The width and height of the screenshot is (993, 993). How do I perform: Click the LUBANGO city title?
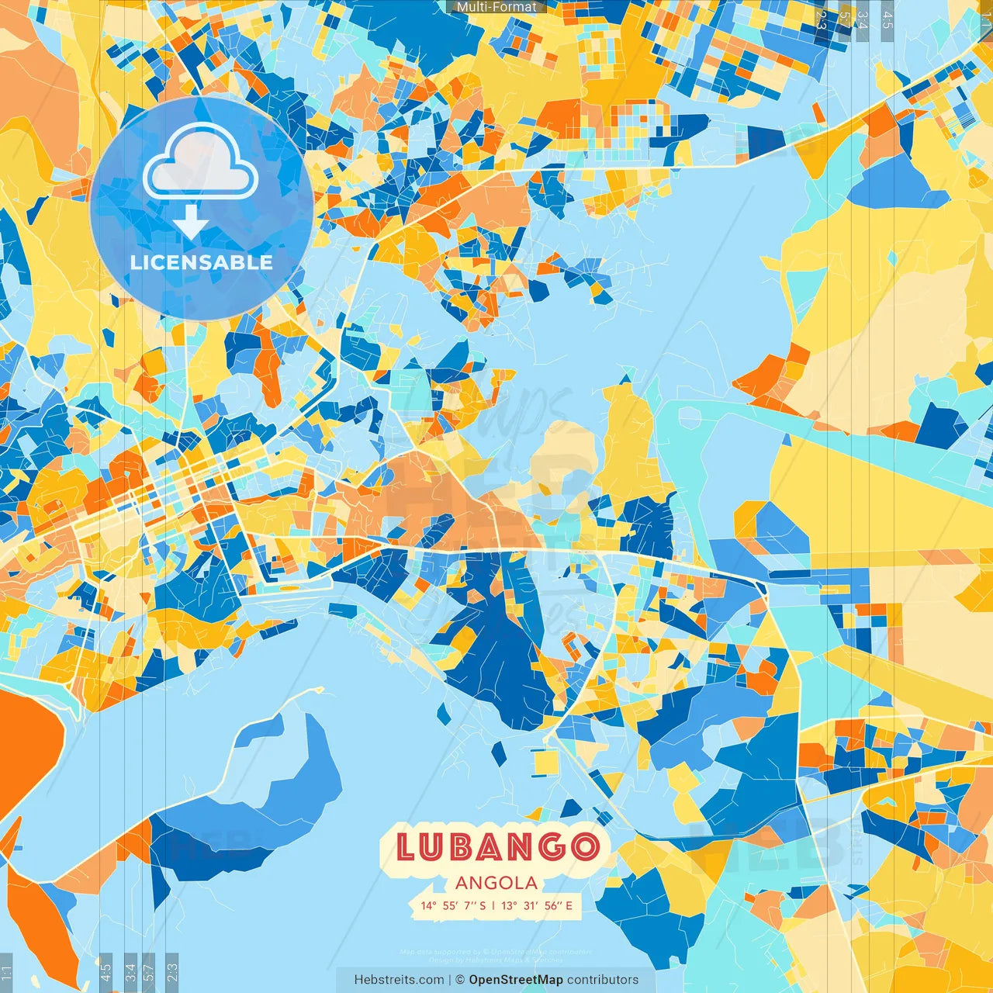(x=496, y=847)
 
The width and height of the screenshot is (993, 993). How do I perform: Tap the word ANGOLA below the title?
(x=496, y=883)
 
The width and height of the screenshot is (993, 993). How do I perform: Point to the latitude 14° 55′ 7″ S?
(x=453, y=905)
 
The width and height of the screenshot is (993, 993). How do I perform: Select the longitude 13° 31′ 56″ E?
(x=537, y=905)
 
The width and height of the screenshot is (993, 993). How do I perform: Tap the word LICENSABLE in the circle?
(x=202, y=262)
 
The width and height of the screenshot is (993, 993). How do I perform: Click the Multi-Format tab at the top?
(x=496, y=7)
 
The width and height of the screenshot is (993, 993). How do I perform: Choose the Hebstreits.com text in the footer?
(x=399, y=980)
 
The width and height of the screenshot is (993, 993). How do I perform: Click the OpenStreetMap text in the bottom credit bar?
(x=515, y=980)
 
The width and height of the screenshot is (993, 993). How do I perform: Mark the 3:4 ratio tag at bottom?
(x=130, y=971)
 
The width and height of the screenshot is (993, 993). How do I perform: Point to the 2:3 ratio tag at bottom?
(x=171, y=971)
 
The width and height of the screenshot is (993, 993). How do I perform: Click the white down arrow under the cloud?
(x=190, y=222)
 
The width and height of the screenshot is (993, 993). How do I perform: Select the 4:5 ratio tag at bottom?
(x=106, y=971)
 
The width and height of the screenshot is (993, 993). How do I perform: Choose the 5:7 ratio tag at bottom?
(x=149, y=971)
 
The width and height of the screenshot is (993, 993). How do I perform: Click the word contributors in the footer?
(x=603, y=980)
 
